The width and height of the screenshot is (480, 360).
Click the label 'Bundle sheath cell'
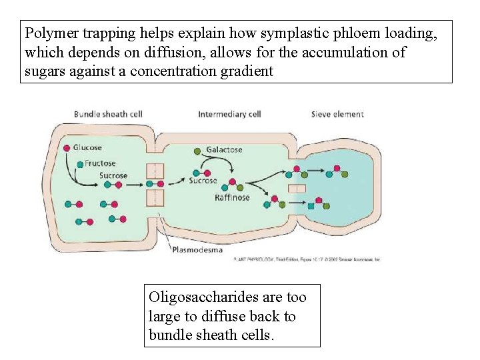pos(108,114)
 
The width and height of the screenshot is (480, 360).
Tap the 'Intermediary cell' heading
pos(229,114)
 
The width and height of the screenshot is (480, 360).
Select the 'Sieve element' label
pos(337,114)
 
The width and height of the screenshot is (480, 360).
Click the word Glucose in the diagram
pos(87,147)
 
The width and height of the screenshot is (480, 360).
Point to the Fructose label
pos(100,163)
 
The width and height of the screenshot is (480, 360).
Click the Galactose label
pos(224,150)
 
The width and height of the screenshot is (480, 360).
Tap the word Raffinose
pos(232,197)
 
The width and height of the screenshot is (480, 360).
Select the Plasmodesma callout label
pos(197,251)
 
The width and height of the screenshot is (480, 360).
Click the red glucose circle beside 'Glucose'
pos(67,147)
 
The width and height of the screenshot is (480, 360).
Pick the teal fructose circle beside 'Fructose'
pos(80,163)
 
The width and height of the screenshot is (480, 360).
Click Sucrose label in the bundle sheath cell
pos(113,176)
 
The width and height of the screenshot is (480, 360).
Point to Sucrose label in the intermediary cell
pos(203,181)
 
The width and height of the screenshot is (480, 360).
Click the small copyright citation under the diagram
pos(307,260)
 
